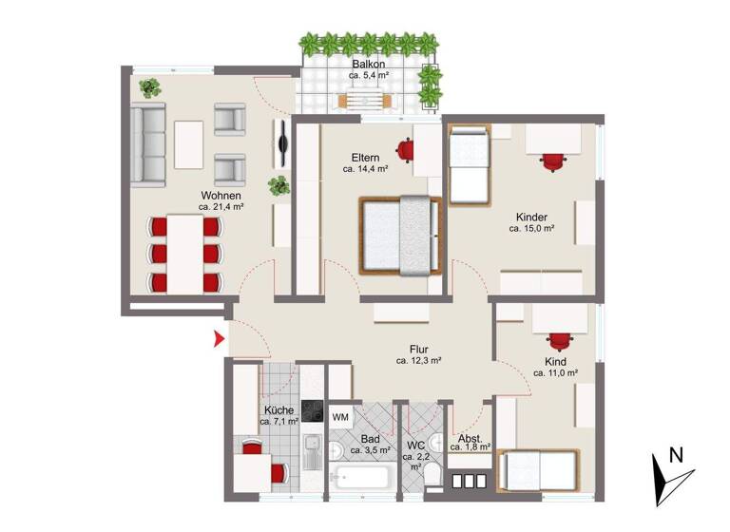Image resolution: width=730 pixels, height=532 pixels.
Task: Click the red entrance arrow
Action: point(218,338)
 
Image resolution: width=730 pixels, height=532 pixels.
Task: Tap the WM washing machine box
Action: point(339,416)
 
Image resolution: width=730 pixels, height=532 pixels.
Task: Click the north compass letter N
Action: point(676,455)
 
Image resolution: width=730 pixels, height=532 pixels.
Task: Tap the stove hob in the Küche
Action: point(313,410)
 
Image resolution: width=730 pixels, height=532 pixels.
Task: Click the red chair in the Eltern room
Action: point(407,149)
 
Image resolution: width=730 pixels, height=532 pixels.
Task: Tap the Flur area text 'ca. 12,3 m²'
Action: point(419,361)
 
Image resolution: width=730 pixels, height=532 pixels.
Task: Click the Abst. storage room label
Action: point(470,439)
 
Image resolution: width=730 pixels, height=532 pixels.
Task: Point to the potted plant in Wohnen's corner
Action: point(148,87)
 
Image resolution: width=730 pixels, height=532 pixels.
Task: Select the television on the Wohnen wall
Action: point(283,143)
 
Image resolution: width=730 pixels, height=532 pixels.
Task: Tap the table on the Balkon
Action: point(364,100)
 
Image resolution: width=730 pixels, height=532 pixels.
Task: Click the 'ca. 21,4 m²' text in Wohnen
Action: point(221,206)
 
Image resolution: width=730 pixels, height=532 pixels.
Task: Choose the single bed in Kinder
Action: point(468,166)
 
